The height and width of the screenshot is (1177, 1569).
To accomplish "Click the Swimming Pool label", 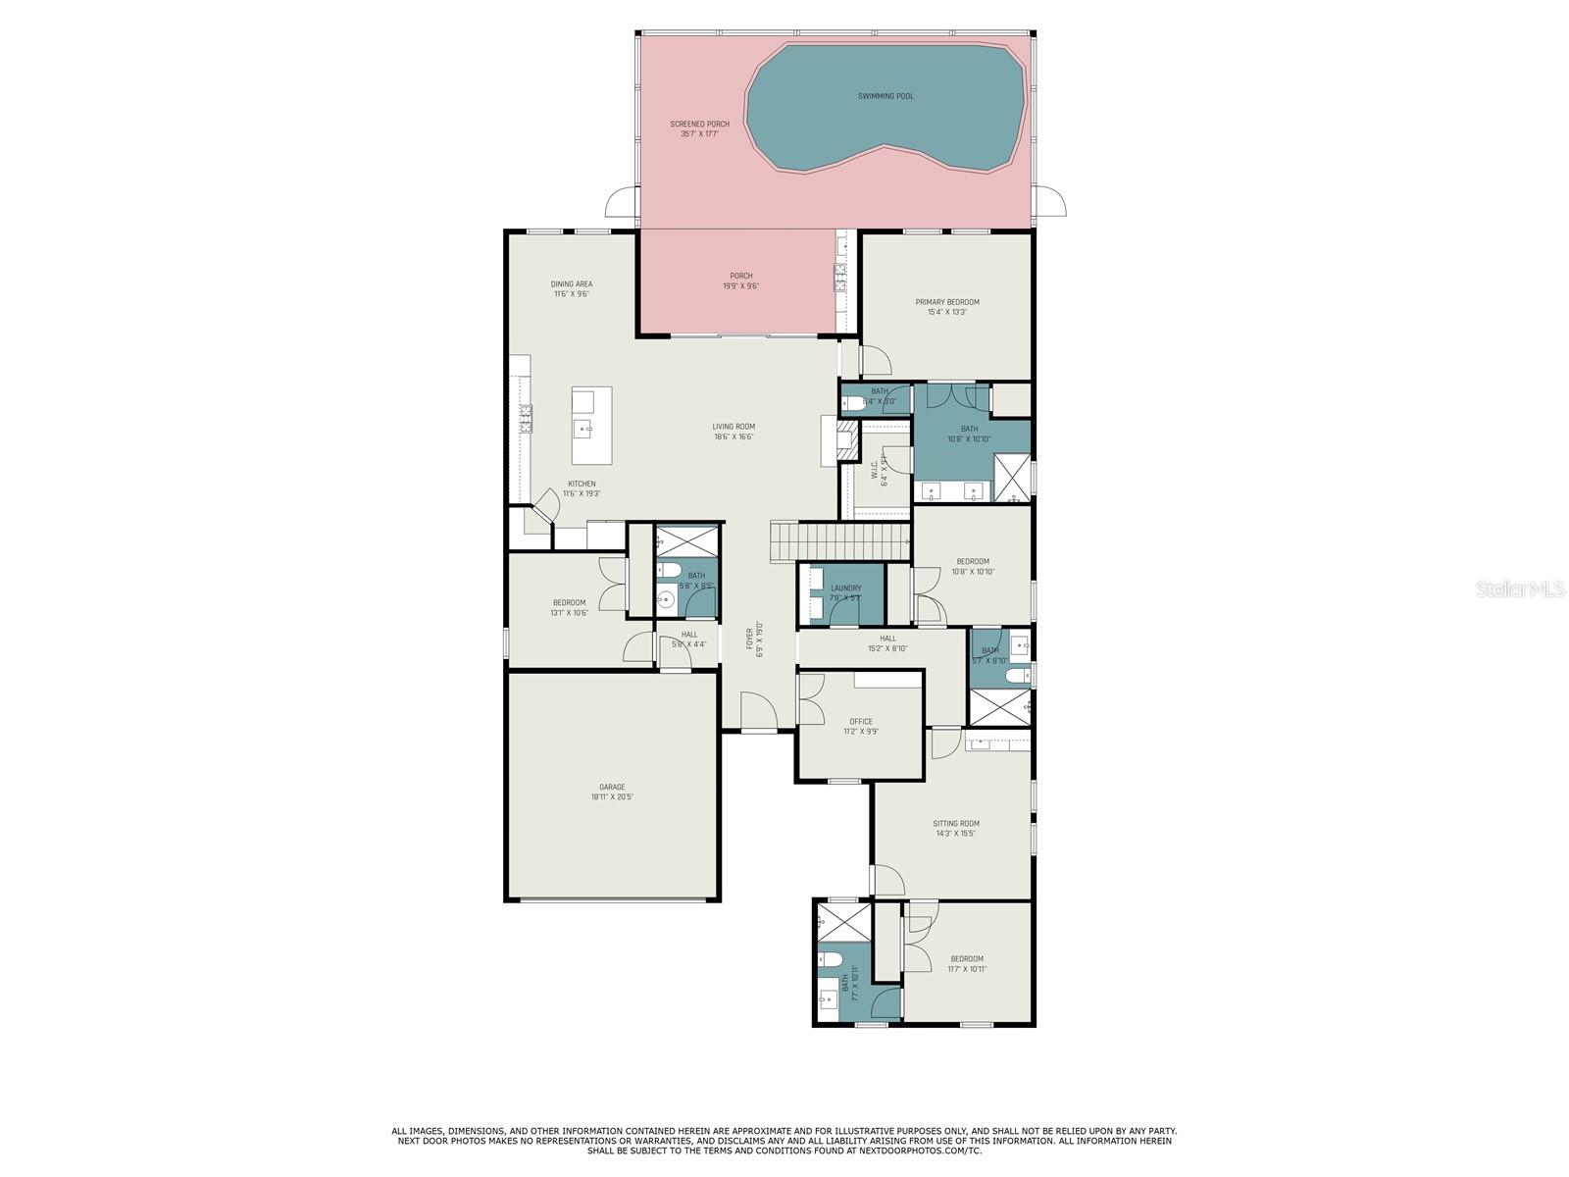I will pos(886,96).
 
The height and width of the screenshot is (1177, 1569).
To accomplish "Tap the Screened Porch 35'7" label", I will pos(699,128).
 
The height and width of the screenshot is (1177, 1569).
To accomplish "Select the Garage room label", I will pos(612,792).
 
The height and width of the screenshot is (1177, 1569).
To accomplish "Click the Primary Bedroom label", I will pos(947,307).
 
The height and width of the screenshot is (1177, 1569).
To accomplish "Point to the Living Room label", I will pos(734,432).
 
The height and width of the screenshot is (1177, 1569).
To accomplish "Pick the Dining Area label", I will pos(571,288).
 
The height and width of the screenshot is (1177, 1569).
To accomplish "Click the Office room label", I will pos(861,726).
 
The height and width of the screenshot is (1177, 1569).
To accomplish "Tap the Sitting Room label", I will pos(955,828).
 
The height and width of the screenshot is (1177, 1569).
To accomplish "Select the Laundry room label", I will pos(845,592).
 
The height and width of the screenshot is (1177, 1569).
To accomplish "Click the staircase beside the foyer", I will pos(839,539).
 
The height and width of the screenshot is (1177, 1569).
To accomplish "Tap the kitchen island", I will pos(592,426).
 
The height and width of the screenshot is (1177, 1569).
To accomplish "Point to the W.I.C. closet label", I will pos(883,471).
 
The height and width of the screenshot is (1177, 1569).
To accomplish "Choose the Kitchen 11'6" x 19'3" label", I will pos(582,488).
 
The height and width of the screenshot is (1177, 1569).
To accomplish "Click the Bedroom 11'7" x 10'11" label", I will pos(966,963).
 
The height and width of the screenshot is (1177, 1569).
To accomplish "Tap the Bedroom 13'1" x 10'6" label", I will pos(569,607).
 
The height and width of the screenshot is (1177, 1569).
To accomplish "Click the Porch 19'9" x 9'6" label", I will pos(740,281).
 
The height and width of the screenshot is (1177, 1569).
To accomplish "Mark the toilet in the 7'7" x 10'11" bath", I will pos(830,957).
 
